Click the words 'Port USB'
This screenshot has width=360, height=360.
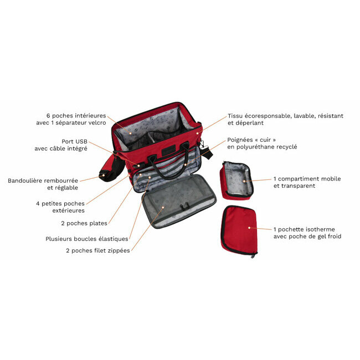[74, 141]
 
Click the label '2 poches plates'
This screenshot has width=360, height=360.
[84, 223]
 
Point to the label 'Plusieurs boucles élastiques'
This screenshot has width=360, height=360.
[87, 239]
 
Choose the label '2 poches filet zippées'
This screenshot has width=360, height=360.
[98, 250]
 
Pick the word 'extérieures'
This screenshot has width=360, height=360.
[69, 210]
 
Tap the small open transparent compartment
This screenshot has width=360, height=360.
[236, 180]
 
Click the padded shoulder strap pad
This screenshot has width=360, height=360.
[112, 168]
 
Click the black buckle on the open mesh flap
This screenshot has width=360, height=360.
[184, 206]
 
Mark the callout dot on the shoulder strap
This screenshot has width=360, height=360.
[104, 176]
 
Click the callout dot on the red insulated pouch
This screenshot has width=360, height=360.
[249, 228]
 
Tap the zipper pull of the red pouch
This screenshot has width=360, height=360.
[253, 255]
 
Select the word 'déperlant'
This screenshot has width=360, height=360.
[245, 123]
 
